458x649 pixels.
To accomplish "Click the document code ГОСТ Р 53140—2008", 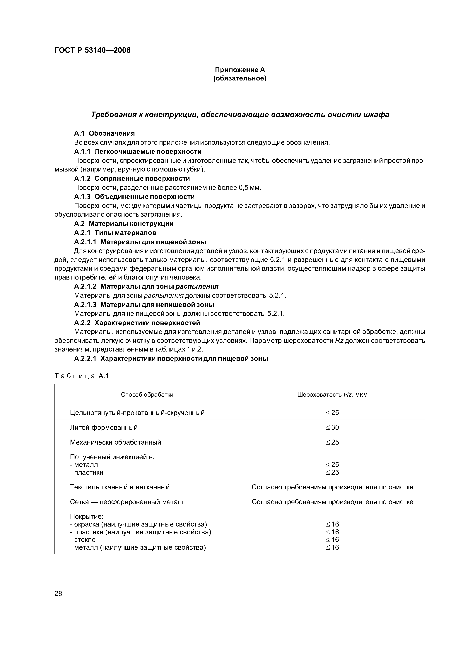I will [92, 50].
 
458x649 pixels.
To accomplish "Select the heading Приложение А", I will [240, 70].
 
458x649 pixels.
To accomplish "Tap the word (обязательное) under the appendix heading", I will [240, 78].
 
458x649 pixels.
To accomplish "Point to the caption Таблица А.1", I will [82, 376].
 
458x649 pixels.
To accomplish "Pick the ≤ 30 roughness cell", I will [332, 427].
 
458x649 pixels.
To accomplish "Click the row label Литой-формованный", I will [104, 427].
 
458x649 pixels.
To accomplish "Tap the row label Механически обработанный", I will [115, 442].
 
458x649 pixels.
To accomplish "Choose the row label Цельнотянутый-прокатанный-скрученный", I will [137, 413].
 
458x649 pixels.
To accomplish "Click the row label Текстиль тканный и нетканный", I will [120, 487].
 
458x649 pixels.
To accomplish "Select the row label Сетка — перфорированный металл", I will [128, 502].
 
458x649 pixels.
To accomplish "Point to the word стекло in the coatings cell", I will [85, 540].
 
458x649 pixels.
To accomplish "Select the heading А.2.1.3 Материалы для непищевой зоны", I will [144, 305].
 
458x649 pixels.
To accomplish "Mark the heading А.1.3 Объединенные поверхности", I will [134, 196].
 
